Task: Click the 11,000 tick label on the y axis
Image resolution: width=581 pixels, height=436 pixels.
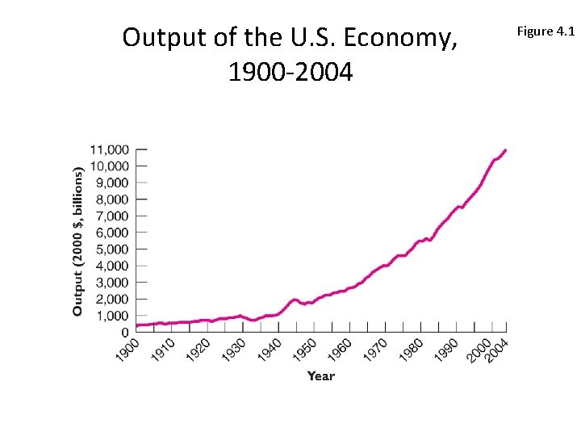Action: [x=109, y=149]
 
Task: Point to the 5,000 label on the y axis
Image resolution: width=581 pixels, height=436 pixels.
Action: [x=112, y=249]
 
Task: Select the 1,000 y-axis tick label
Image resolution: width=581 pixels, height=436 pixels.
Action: [x=112, y=316]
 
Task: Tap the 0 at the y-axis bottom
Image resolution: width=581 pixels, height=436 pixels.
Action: [x=125, y=333]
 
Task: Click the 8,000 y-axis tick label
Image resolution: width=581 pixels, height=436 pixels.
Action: [x=112, y=199]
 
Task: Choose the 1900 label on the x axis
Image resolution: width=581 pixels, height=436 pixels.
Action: [x=127, y=350]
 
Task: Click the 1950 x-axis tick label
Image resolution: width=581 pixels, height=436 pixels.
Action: [x=304, y=350]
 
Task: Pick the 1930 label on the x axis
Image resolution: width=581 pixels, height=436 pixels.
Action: [x=234, y=350]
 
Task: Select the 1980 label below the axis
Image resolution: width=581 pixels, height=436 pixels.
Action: [x=411, y=350]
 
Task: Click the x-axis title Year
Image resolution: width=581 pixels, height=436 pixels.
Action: [x=320, y=375]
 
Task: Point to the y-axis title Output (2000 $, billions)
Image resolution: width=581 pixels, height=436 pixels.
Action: [x=78, y=241]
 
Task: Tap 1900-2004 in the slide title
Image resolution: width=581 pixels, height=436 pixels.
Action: [x=290, y=73]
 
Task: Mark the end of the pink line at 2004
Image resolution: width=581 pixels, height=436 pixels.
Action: [x=505, y=149]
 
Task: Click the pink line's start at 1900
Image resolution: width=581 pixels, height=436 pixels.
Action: [x=137, y=325]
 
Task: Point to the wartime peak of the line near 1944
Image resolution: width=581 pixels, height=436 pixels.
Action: [x=295, y=300]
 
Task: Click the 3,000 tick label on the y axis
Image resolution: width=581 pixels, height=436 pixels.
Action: [x=112, y=283]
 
